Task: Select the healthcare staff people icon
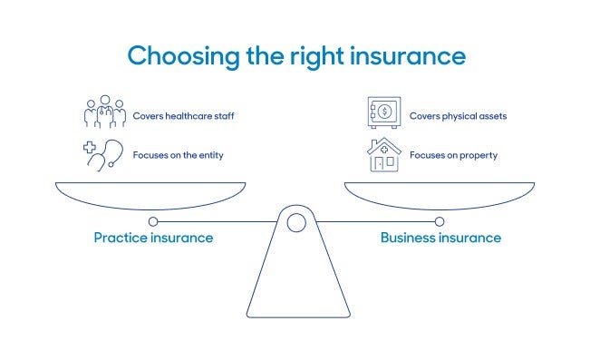(103, 113)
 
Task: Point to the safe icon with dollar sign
(382, 113)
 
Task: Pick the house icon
(382, 155)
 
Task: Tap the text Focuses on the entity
(178, 156)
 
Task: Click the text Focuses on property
(453, 156)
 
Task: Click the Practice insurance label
(153, 238)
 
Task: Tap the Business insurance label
(440, 238)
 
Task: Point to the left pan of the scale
(150, 194)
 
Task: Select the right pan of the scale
(439, 194)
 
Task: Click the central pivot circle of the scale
(295, 221)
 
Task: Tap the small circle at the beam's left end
(153, 221)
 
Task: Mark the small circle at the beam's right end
(440, 221)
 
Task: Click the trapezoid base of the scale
(295, 281)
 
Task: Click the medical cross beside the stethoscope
(90, 149)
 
